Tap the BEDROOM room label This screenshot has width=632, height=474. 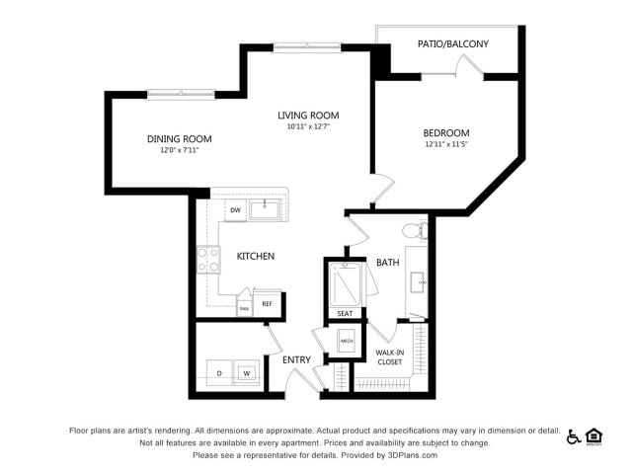pyautogui.click(x=446, y=133)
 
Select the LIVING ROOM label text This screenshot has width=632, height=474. pyautogui.click(x=308, y=116)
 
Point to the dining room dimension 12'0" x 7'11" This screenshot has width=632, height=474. pyautogui.click(x=180, y=151)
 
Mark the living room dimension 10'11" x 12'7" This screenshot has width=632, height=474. pyautogui.click(x=308, y=127)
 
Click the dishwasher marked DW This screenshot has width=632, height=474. pyautogui.click(x=236, y=210)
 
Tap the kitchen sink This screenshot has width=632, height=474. pyautogui.click(x=265, y=209)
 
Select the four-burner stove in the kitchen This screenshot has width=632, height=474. pyautogui.click(x=208, y=260)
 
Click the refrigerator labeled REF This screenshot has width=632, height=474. pyautogui.click(x=267, y=304)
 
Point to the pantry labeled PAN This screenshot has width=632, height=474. pyautogui.click(x=244, y=307)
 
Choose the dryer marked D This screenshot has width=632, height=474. pyautogui.click(x=219, y=373)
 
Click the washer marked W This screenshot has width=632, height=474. pyautogui.click(x=247, y=373)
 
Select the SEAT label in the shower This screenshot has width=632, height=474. pyautogui.click(x=345, y=313)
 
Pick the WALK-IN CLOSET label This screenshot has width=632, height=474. pyautogui.click(x=389, y=356)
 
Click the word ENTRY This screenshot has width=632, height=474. pyautogui.click(x=296, y=359)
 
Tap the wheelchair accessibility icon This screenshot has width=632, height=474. pyautogui.click(x=574, y=436)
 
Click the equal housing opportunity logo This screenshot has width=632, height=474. pyautogui.click(x=594, y=436)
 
